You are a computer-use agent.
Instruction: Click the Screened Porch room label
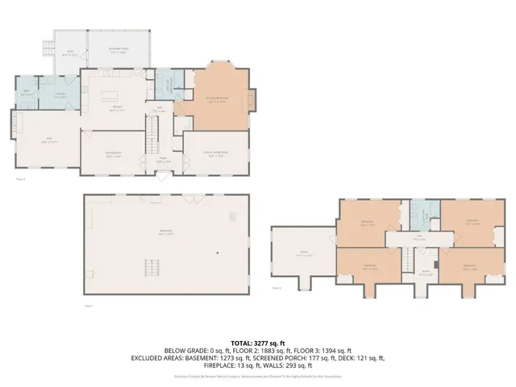(119, 49)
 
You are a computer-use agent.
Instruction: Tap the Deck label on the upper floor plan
(70, 53)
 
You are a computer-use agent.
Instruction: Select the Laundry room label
(60, 95)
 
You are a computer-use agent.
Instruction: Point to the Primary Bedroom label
(216, 99)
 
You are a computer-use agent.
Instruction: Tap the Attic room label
(304, 253)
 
